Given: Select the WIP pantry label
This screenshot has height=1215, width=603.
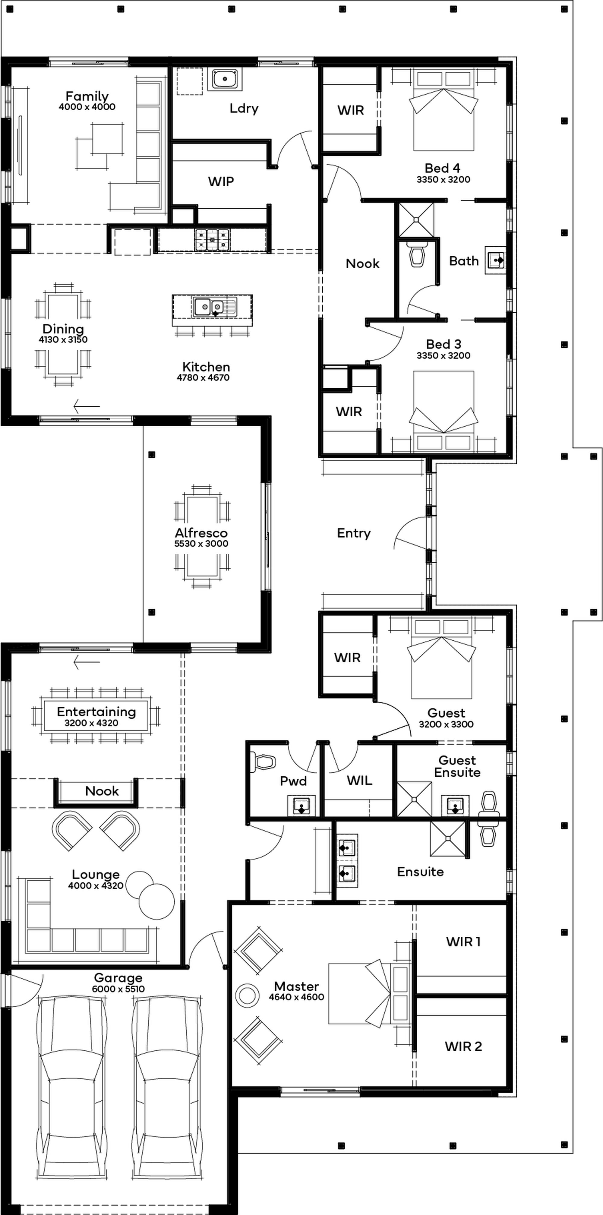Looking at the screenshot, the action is click(x=221, y=181).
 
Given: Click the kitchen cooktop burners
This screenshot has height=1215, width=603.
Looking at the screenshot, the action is click(x=212, y=239).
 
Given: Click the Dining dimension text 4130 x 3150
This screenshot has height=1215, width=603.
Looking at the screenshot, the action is click(x=63, y=339).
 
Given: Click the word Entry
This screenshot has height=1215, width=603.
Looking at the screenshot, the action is click(x=354, y=533).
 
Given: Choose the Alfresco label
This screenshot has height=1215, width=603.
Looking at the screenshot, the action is click(x=201, y=533).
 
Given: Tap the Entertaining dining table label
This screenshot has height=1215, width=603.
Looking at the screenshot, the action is click(x=96, y=712).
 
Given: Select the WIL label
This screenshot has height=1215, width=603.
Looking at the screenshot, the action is click(x=359, y=781).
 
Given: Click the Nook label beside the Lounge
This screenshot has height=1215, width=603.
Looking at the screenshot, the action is click(x=102, y=791).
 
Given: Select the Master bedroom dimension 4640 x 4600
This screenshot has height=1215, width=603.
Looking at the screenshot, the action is click(x=296, y=997).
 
